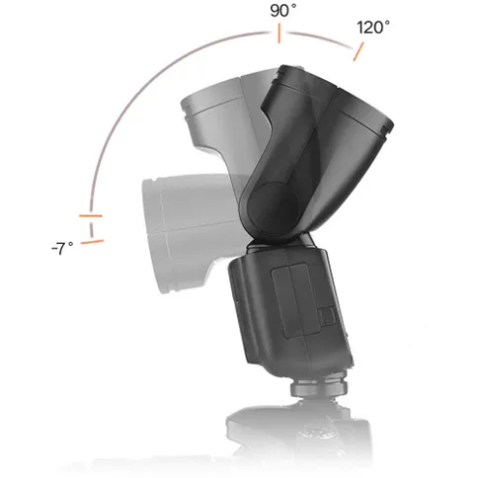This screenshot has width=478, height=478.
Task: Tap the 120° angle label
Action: pos(372,29)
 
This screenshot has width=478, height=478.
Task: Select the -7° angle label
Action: pos(62,249)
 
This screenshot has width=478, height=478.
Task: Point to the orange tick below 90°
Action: pos(279,35)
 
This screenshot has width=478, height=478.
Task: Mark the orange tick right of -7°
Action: pos(92,239)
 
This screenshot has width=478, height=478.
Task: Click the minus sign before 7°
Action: pos(53,250)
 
